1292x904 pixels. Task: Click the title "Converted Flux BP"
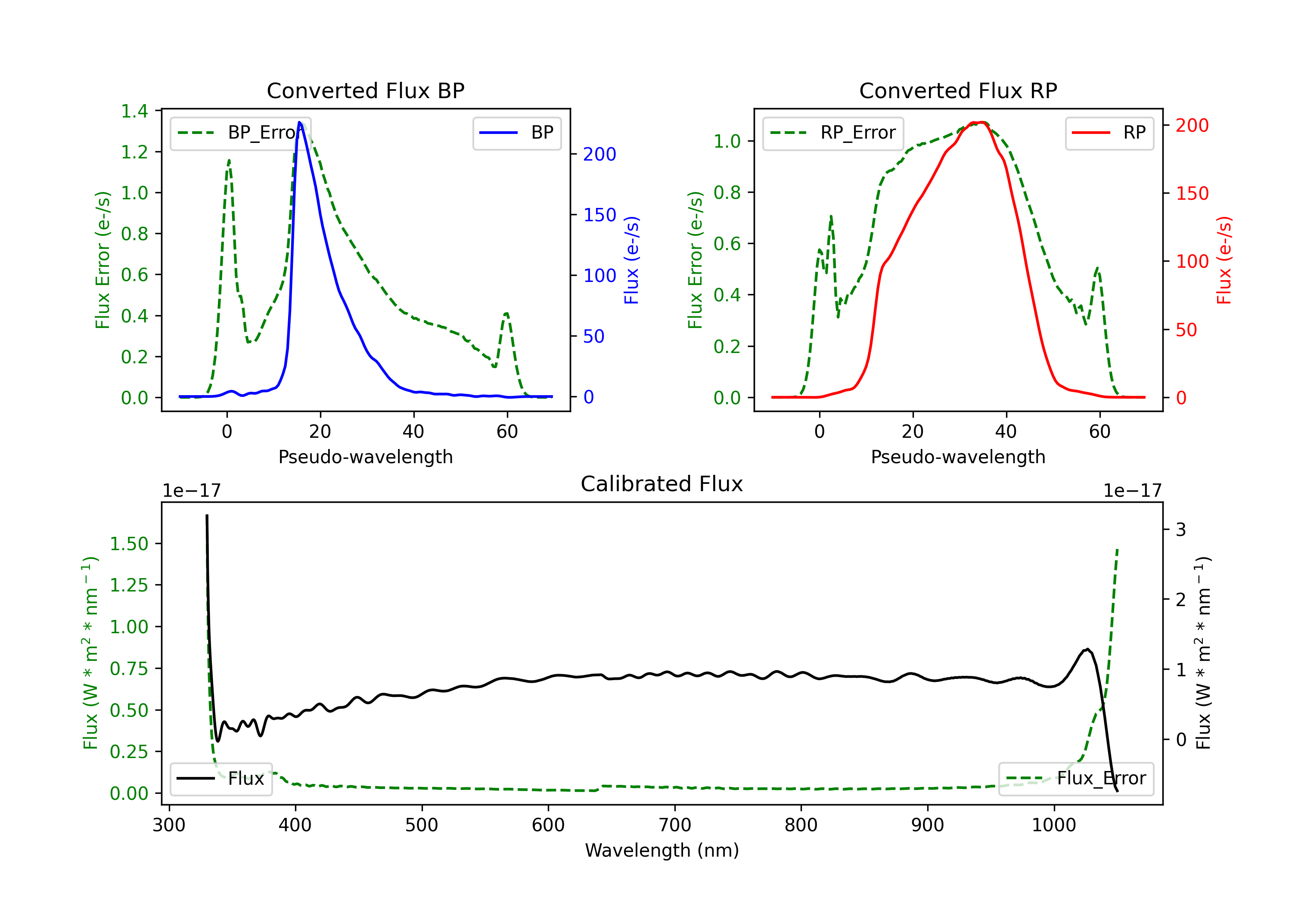[365, 90]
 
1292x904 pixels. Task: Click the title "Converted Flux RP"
[958, 90]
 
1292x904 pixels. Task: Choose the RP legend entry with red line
[1109, 133]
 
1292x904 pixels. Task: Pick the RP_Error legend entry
[833, 133]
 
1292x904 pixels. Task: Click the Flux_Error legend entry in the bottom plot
[1075, 779]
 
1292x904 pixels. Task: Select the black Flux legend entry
[221, 779]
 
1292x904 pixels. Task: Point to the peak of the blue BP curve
[300, 122]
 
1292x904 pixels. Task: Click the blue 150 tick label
[599, 215]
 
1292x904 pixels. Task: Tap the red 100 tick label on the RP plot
[1192, 262]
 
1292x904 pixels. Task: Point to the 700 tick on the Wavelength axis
[674, 825]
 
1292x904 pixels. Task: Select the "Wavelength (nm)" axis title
[662, 850]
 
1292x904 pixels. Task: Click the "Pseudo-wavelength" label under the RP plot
[958, 457]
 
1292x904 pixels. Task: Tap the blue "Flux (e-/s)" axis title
[631, 260]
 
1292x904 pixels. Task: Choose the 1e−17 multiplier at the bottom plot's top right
[1132, 491]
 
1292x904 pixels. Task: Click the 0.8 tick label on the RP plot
[727, 192]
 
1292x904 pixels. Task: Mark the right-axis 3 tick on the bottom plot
[1180, 529]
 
